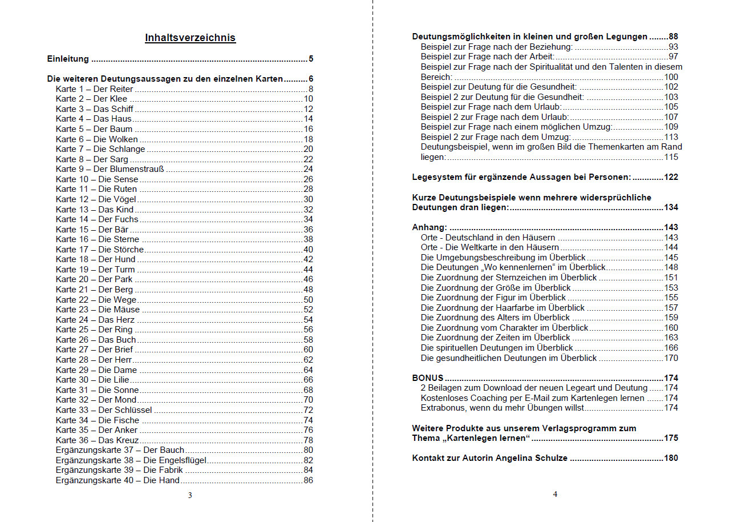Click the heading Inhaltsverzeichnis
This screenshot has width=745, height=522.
coord(190,38)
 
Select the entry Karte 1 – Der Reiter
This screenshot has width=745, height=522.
coord(95,89)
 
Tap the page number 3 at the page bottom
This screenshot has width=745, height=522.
coord(190,495)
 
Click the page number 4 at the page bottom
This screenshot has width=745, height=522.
coord(555,494)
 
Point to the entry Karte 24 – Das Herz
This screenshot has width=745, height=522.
coord(96,320)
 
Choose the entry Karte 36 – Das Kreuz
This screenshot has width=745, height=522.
coord(98,440)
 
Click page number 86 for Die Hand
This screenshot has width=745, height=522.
coord(308,480)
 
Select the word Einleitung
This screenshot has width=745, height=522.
coord(68,59)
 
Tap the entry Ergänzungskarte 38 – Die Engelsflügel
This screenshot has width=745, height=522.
coord(131,460)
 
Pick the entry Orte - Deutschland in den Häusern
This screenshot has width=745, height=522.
coord(488,238)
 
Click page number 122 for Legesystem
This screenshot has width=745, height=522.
coord(671,177)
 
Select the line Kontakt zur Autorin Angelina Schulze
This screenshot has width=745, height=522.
coord(489,458)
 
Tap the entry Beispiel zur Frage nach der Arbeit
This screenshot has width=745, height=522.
coord(487,57)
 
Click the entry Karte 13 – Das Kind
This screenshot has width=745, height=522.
coord(95,210)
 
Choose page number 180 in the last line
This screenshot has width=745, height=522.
coord(671,458)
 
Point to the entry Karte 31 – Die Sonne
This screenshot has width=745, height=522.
coord(97,390)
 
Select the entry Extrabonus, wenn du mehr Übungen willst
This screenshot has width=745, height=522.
coord(502,408)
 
